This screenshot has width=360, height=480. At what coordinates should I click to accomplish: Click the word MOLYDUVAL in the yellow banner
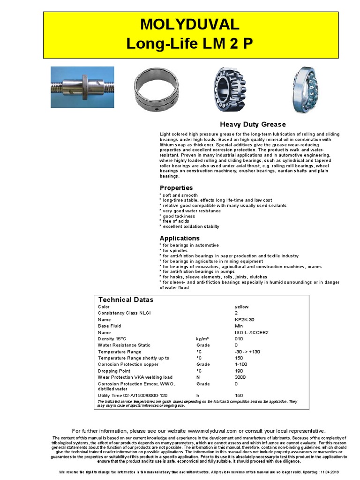[190, 24]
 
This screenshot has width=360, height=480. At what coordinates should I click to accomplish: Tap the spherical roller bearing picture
[230, 89]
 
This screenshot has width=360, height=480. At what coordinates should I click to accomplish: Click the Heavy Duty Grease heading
[253, 124]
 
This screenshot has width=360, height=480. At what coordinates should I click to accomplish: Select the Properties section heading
[176, 188]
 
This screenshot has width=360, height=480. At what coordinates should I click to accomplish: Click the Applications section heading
[180, 238]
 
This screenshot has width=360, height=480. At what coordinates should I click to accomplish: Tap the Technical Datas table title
[126, 300]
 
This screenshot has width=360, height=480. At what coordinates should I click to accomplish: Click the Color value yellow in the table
[241, 307]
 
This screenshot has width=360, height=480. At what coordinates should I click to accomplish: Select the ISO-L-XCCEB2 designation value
[252, 332]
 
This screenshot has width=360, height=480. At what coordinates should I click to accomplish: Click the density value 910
[239, 338]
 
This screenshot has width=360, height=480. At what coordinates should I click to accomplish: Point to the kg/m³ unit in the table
[202, 338]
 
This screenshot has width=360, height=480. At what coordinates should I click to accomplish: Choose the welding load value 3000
[240, 377]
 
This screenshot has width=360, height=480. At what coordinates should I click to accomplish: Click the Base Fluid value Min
[239, 326]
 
